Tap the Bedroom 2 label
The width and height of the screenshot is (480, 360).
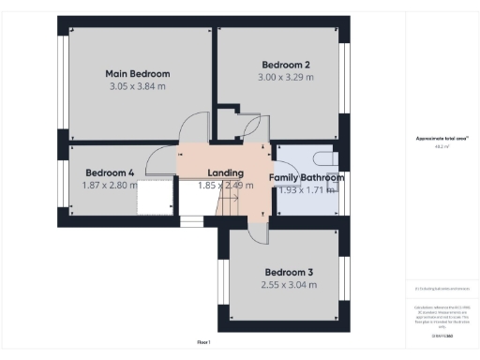[x=286, y=65]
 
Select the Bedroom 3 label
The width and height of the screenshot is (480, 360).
[x=288, y=272]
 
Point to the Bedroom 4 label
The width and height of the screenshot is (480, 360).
[x=110, y=172]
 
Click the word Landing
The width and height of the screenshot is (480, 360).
[x=226, y=173]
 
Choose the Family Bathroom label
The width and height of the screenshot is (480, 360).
[x=307, y=177]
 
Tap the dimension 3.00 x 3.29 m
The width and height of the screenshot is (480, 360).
[x=286, y=78]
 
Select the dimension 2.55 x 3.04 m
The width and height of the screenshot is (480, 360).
[x=288, y=285]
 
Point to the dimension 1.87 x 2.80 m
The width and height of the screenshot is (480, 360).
[x=110, y=186]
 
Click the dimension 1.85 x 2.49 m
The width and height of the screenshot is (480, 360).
[x=225, y=187]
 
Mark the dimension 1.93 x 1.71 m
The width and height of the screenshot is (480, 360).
[x=306, y=190]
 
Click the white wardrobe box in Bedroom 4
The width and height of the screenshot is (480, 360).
[x=157, y=199]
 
